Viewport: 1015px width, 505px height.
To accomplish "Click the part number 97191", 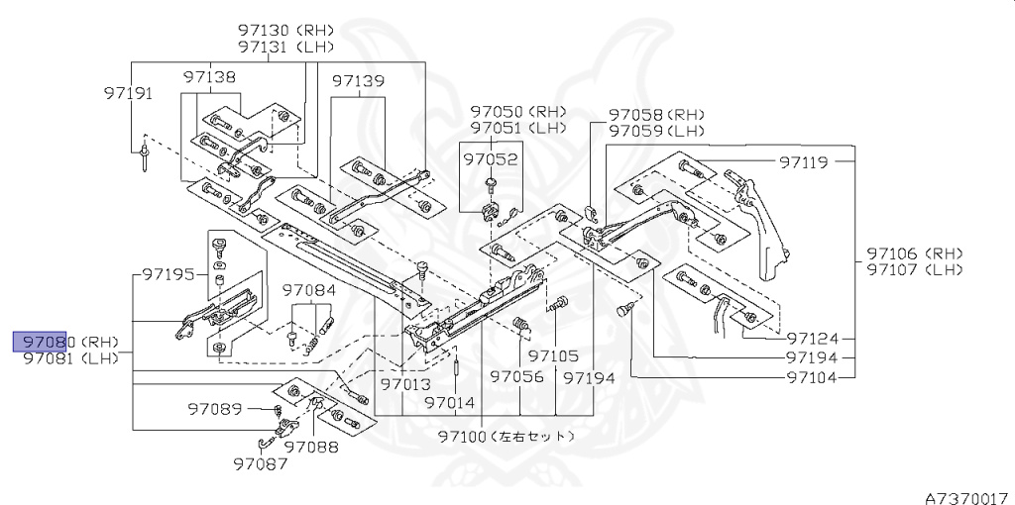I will click(x=128, y=93).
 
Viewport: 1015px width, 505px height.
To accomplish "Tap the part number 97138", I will click(x=209, y=76).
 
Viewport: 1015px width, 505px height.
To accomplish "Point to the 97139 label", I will click(x=358, y=80).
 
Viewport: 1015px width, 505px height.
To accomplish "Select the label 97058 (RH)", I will click(x=656, y=115).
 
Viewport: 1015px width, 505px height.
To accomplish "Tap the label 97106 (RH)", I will click(x=913, y=253).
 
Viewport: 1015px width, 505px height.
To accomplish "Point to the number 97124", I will click(x=812, y=338).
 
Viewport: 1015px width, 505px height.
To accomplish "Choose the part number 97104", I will click(x=812, y=377).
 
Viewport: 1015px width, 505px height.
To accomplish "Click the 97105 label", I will click(x=553, y=356).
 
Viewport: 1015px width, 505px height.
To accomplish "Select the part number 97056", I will click(x=517, y=377).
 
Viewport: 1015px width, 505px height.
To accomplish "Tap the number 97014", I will click(x=450, y=403).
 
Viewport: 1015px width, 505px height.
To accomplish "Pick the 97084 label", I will click(x=308, y=291).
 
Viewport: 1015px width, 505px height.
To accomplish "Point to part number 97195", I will click(x=167, y=273).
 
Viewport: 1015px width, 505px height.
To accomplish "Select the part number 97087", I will click(x=260, y=462).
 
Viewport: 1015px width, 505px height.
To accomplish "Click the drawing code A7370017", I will click(x=966, y=489).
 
